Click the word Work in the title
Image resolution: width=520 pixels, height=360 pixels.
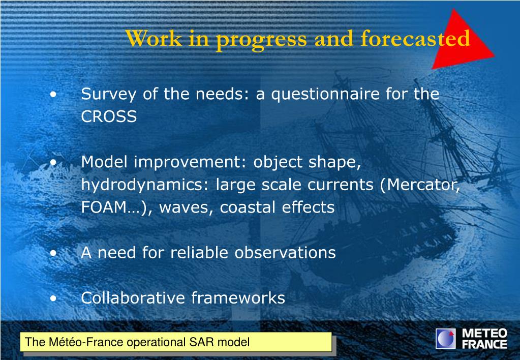tap(154, 39)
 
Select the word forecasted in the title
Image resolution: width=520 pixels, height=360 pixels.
tap(415, 38)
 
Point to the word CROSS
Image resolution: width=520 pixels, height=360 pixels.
tap(109, 116)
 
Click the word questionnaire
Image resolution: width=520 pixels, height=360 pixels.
tap(325, 94)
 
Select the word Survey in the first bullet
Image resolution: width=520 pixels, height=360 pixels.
tap(108, 94)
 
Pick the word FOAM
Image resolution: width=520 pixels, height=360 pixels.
tap(104, 207)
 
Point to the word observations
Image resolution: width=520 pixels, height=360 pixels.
tap(285, 253)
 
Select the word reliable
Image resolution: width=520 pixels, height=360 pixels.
tap(199, 253)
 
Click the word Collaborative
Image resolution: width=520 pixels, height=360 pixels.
tap(133, 297)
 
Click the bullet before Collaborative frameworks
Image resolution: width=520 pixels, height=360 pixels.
tap(53, 298)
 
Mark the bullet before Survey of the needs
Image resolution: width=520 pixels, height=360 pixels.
tap(53, 95)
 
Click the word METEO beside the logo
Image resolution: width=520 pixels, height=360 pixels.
tap(484, 333)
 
